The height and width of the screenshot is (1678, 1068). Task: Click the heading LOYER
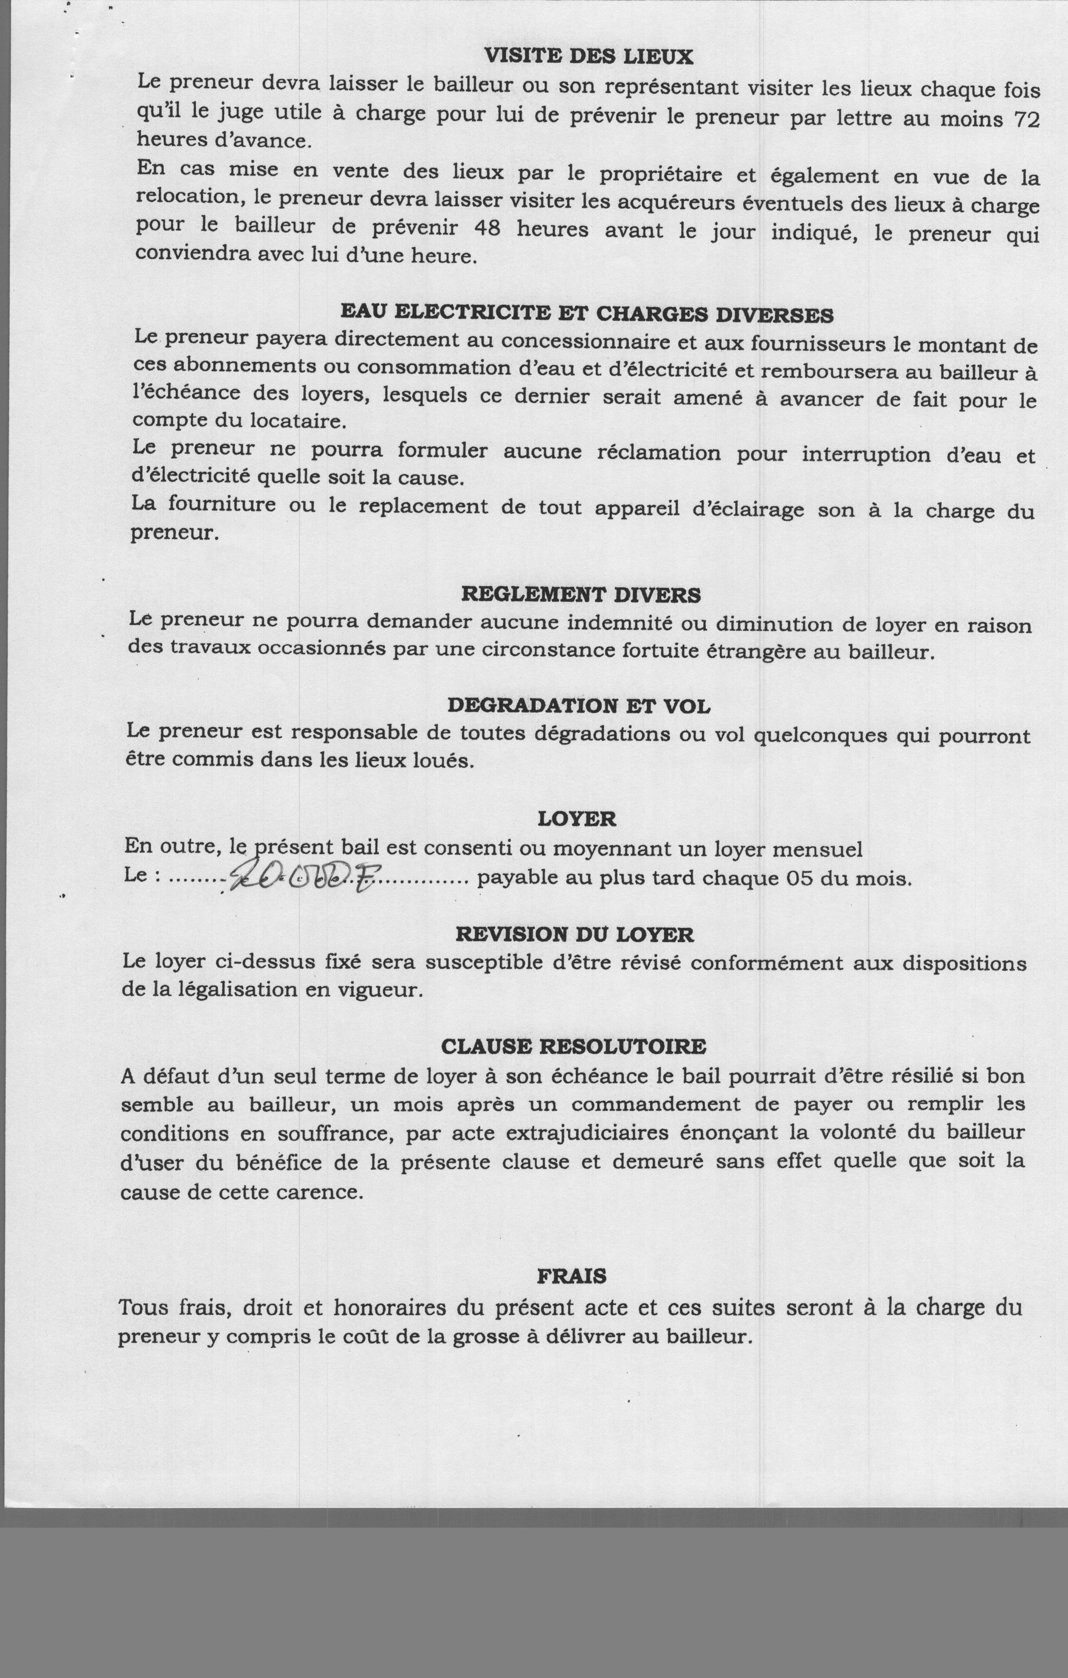[x=577, y=819]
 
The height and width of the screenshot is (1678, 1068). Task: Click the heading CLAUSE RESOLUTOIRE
[x=574, y=1047]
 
